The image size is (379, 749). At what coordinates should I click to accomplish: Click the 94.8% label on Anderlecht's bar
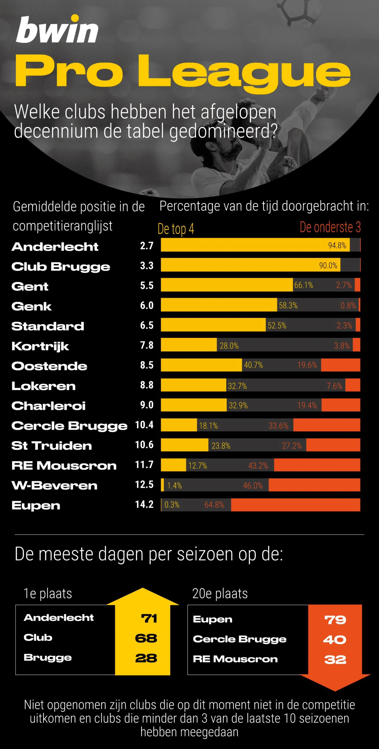coord(337,245)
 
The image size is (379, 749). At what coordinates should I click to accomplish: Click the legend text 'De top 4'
coord(176,229)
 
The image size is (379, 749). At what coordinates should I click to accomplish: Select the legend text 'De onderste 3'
coord(330,227)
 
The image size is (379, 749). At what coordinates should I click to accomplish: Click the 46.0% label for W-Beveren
coord(253,485)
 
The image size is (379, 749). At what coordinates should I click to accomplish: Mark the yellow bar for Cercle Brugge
coord(179,425)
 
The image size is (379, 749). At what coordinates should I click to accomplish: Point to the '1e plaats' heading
coord(48,593)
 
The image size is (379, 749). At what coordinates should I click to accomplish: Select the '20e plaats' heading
coord(220,593)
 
